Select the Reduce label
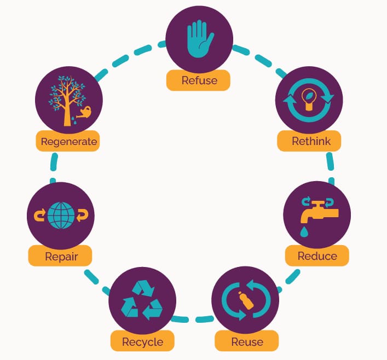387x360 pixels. pos(317,256)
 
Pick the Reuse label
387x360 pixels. pos(247,342)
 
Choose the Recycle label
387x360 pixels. pos(142,342)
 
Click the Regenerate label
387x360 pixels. pos(68,141)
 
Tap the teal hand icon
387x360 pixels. pos(200,39)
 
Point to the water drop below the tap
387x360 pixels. pos(304,232)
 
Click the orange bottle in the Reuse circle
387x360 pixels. pos(246,300)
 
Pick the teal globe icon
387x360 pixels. pos(61,216)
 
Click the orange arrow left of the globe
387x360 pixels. pos(40,216)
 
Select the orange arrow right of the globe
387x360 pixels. pos(82,216)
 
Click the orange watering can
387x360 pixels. pos(84,112)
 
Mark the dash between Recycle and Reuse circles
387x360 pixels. pos(205,320)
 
